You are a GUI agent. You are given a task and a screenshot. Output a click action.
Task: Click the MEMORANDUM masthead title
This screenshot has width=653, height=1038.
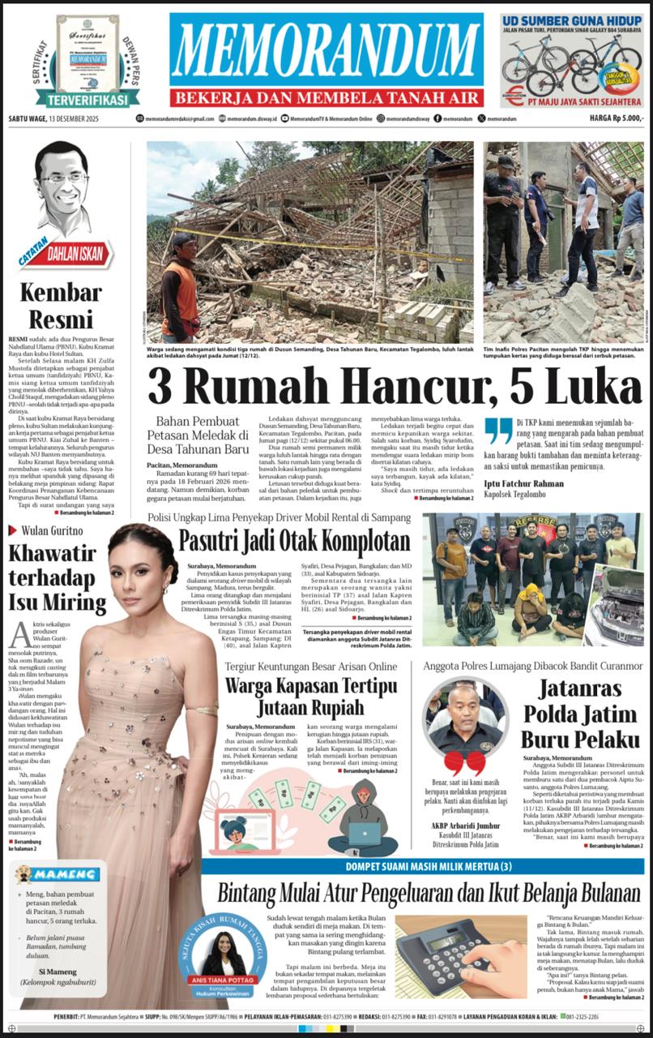(x=327, y=51)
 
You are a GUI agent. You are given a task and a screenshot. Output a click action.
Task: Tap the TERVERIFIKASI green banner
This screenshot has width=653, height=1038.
(x=87, y=99)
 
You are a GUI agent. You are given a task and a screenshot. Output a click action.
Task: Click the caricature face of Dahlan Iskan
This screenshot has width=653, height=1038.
(x=63, y=187)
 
